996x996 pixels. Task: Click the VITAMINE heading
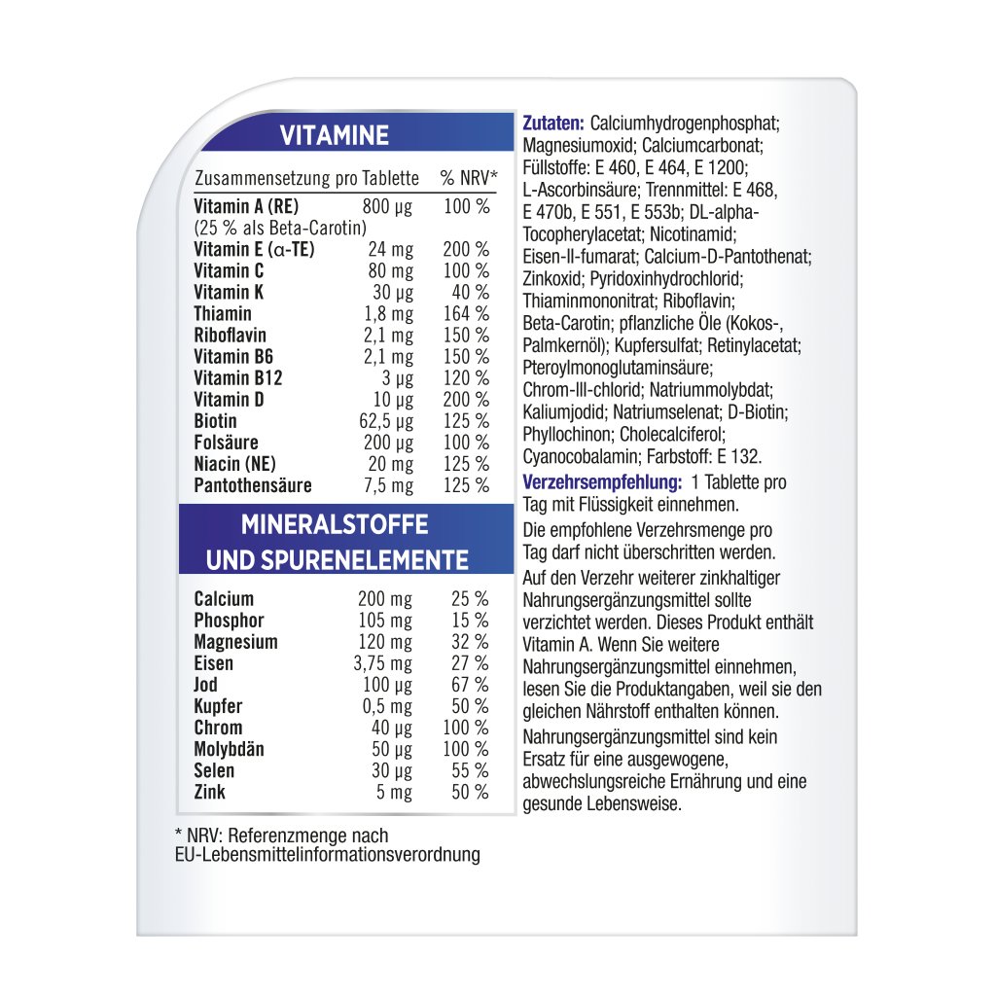(335, 136)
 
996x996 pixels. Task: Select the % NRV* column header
(468, 179)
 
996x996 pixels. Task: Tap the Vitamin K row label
(229, 292)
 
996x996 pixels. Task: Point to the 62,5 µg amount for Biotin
(386, 421)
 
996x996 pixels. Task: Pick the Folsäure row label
(226, 443)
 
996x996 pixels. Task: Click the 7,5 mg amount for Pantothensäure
(389, 485)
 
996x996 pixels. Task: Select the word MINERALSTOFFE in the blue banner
(335, 525)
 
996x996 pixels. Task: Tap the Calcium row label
(224, 599)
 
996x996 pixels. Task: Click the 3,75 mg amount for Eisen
(382, 663)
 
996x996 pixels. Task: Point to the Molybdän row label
(229, 749)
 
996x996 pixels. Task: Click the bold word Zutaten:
(553, 124)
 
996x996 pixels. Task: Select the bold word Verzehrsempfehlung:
(600, 482)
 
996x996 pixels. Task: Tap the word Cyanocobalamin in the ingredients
(575, 455)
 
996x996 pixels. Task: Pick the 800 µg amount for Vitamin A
(387, 206)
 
